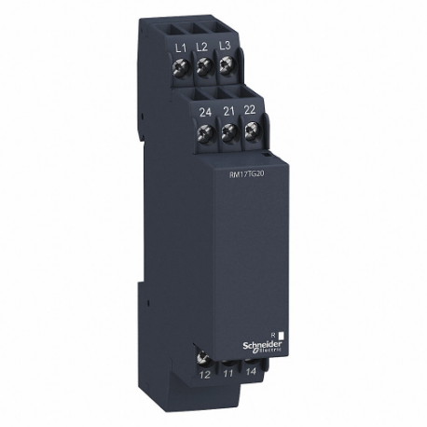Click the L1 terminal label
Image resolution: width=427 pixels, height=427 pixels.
click(181, 46)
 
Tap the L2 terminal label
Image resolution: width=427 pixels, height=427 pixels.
click(202, 46)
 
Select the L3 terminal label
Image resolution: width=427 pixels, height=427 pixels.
click(224, 46)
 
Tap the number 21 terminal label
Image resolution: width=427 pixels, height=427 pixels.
click(227, 112)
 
